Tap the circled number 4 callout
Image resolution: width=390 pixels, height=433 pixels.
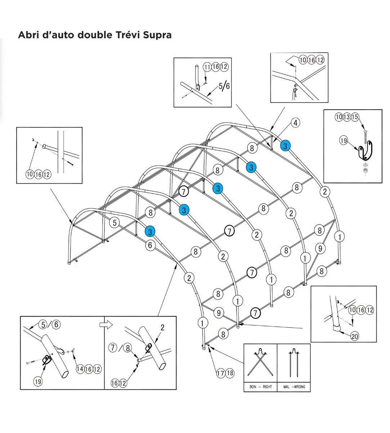[x=295, y=123]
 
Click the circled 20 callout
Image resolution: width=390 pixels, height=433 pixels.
[x=354, y=336]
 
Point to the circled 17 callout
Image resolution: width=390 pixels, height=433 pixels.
[x=221, y=373]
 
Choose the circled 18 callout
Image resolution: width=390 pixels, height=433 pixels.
[x=229, y=373]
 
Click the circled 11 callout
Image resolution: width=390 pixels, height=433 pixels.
[x=207, y=67]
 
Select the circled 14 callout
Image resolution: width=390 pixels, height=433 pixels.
[x=80, y=369]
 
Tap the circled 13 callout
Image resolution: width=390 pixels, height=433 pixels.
[x=347, y=117]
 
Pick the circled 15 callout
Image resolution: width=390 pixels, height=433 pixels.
[x=355, y=117]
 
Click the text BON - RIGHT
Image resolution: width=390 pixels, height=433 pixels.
[x=261, y=387]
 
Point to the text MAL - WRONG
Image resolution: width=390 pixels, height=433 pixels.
[x=294, y=387]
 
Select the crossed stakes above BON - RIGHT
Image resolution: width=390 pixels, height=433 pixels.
[x=260, y=363]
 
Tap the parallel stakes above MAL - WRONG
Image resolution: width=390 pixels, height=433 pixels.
[x=294, y=363]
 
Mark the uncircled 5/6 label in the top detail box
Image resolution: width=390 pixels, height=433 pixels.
[x=224, y=86]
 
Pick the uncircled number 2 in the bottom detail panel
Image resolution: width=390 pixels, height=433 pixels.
[x=162, y=328]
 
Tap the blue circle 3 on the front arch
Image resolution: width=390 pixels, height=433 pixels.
[x=150, y=231]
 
